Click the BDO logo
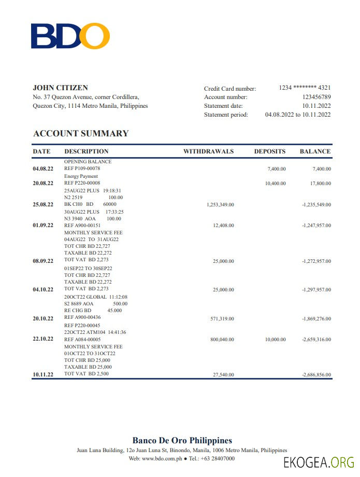[70, 36]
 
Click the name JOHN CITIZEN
[60, 88]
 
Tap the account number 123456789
[316, 97]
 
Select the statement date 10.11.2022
[316, 106]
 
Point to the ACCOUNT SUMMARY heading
[80, 133]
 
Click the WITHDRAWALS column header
[208, 151]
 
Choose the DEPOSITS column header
[269, 151]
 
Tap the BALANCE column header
[315, 151]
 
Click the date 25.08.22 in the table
[43, 204]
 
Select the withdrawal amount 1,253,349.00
[220, 205]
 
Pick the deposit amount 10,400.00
[275, 184]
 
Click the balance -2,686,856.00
[316, 374]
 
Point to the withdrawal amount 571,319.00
[223, 318]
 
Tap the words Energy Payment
[81, 176]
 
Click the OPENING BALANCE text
[88, 161]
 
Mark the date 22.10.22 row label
[43, 339]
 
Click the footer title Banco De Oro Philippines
[182, 441]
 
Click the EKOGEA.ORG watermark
[319, 462]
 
